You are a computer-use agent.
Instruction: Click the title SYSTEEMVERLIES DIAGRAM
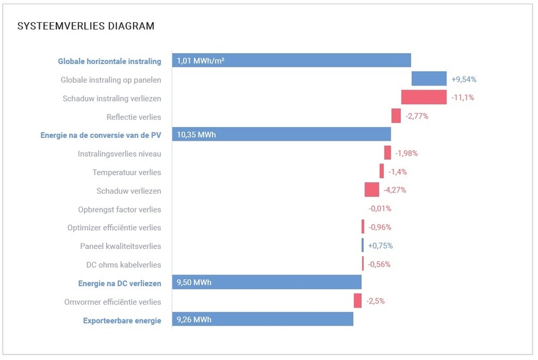85,26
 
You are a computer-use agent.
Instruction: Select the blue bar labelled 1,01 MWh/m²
291,61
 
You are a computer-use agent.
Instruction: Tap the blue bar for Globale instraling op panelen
429,79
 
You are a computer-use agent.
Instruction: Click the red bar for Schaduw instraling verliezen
424,98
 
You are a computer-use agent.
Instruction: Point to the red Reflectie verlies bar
396,116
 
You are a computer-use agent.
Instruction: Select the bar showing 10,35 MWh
281,134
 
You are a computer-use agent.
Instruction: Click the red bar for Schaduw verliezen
372,190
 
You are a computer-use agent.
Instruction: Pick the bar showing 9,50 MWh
266,282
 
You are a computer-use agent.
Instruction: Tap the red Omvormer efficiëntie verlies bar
358,301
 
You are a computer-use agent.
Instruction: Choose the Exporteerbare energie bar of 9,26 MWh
262,320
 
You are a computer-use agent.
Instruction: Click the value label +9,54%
464,79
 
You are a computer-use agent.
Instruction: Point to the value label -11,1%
463,98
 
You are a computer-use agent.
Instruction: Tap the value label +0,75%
380,246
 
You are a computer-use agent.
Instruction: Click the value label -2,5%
375,301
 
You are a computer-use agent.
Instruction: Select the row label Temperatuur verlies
126,172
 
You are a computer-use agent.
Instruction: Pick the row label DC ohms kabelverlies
124,264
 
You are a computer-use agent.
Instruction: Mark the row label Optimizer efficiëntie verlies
114,227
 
